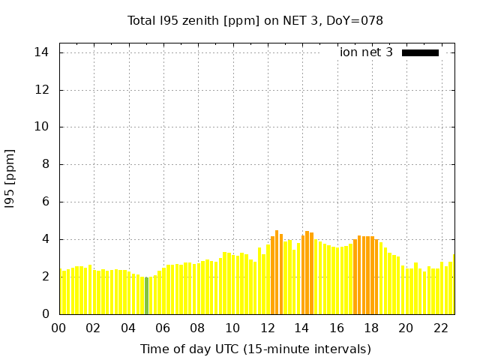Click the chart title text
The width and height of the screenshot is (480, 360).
tap(255, 21)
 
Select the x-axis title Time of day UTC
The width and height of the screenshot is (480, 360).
tap(255, 349)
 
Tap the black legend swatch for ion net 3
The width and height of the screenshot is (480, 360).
tap(420, 52)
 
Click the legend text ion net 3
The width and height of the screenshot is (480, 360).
tap(366, 52)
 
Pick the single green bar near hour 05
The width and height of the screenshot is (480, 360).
tap(146, 295)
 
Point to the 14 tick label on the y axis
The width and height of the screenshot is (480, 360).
tap(42, 52)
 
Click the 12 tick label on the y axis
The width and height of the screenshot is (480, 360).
tap(42, 90)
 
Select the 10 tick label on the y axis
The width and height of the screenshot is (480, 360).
tap(42, 127)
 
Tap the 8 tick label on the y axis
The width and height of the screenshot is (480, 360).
tap(46, 164)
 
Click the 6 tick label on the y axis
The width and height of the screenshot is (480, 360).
tap(46, 202)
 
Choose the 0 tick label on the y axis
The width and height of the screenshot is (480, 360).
tap(46, 313)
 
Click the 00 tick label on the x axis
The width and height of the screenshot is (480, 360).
tap(59, 328)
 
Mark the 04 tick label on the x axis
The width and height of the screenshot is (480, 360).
tap(128, 328)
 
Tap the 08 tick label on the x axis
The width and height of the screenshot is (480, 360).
tap(198, 328)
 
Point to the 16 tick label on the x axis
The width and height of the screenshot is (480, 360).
tap(337, 328)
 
